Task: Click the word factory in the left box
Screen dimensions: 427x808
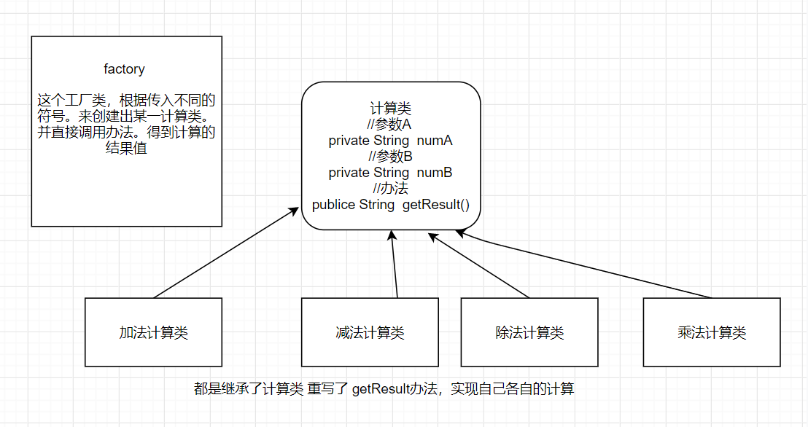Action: click(124, 69)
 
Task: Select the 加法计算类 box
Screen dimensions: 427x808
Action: click(153, 332)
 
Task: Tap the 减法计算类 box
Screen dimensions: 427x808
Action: click(370, 332)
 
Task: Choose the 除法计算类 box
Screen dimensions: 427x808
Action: click(529, 332)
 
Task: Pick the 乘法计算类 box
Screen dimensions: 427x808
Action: click(711, 332)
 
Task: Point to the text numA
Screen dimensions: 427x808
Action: click(435, 141)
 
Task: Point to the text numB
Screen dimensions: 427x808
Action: click(435, 173)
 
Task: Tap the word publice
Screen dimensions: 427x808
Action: click(334, 205)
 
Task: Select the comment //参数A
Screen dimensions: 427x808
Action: click(390, 125)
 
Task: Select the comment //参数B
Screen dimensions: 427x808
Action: click(390, 157)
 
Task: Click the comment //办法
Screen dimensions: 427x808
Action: click(390, 189)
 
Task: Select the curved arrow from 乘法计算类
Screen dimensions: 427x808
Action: click(583, 266)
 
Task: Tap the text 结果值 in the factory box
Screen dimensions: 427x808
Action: click(126, 149)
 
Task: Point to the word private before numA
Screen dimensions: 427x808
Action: click(349, 141)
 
